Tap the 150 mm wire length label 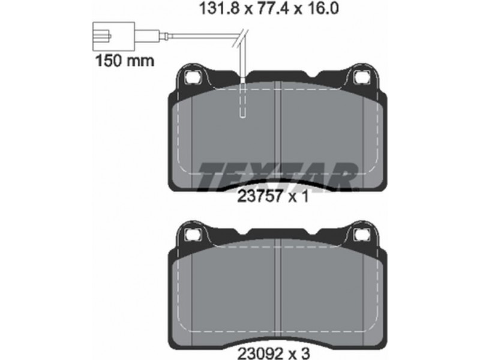pos(125,61)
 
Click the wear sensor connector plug pos(113,37)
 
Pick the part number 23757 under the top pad pos(260,196)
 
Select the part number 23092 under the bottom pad pos(260,353)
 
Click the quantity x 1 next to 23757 pos(299,196)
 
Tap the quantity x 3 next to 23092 pos(299,353)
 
